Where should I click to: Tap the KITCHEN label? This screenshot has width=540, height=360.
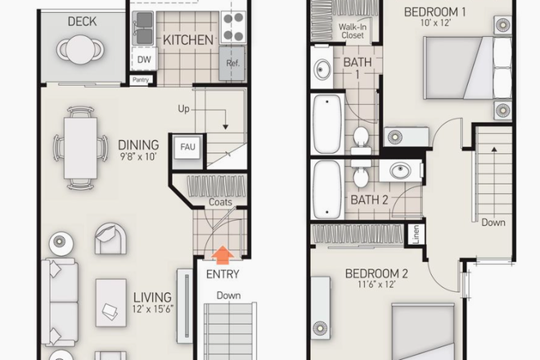[x=188, y=39]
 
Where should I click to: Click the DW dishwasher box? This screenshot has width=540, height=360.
[x=144, y=60]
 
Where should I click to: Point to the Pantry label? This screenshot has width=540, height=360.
[x=141, y=80]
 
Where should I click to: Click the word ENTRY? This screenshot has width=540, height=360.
[x=222, y=275]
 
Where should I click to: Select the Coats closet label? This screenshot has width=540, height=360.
[x=220, y=202]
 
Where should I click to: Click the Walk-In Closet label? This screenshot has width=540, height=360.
[x=353, y=32]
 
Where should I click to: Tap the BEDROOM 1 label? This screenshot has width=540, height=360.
[x=434, y=11]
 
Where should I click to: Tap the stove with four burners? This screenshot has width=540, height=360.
[x=233, y=27]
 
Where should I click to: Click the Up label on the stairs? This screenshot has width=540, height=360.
[x=185, y=108]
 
